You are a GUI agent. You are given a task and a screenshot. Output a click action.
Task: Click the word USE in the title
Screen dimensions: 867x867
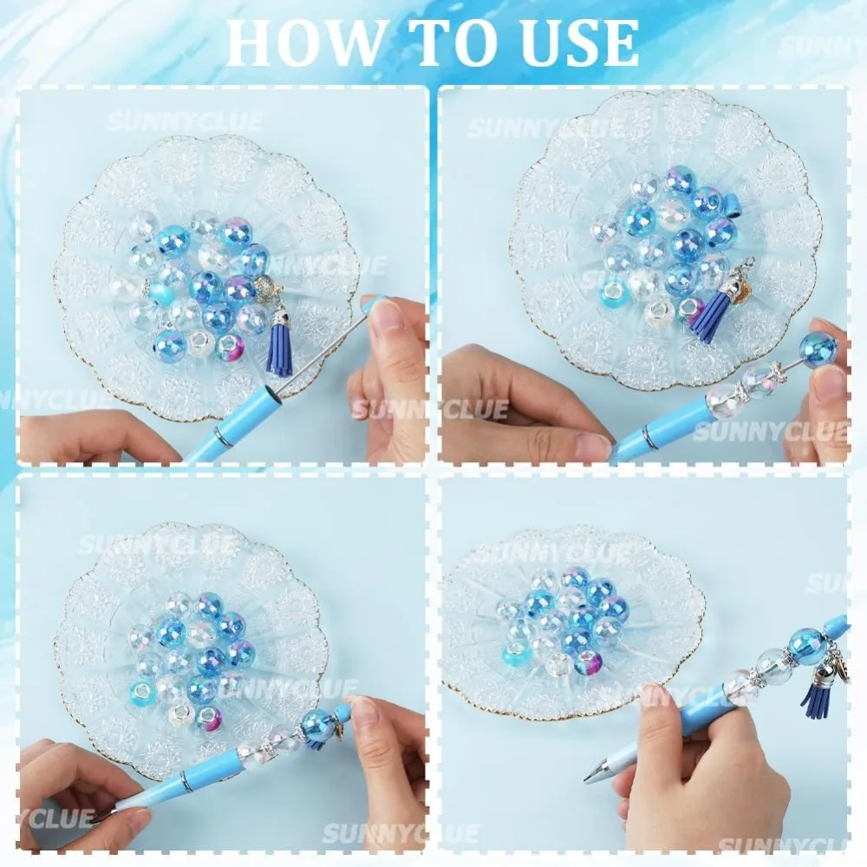pos(579,43)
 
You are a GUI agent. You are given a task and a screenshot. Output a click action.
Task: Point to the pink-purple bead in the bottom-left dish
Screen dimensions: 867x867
pos(208,720)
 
